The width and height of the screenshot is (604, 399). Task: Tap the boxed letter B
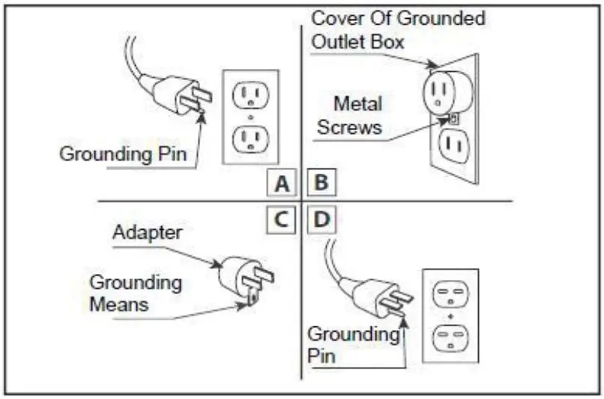320,183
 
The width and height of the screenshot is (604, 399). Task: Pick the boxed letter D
320,220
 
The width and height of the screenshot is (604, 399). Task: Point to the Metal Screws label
349,115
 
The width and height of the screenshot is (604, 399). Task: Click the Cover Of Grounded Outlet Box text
398,28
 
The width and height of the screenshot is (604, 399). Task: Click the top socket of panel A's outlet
251,94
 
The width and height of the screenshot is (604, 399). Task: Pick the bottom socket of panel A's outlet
251,138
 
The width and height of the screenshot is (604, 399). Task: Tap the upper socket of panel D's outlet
450,293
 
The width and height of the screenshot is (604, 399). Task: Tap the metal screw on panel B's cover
453,118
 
